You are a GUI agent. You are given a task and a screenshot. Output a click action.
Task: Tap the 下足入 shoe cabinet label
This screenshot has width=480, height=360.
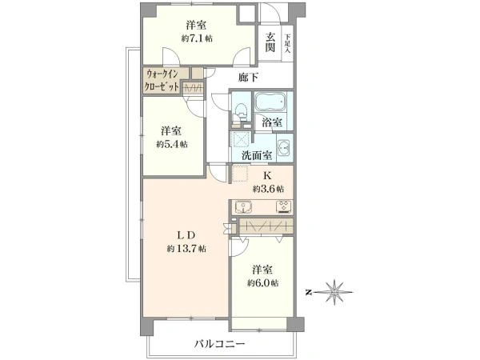[x=286, y=40]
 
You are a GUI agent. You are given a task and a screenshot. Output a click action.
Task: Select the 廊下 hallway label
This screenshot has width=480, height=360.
[x=250, y=78]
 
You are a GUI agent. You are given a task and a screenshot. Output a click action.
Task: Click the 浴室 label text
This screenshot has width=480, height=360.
[x=272, y=123]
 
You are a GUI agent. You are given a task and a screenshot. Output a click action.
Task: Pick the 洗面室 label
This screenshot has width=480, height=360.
[x=256, y=154]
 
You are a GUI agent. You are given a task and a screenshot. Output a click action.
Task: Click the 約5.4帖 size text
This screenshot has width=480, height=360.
[x=172, y=144]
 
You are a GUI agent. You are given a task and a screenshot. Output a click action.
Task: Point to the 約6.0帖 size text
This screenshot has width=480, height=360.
[x=262, y=283]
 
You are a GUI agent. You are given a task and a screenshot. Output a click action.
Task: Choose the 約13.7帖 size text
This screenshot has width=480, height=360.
[x=187, y=249]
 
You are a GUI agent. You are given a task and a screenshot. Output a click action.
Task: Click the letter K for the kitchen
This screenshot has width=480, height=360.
[x=267, y=175]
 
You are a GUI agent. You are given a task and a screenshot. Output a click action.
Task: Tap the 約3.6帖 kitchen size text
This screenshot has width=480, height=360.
[x=267, y=189]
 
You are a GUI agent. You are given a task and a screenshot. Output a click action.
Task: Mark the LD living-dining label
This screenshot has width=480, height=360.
[x=186, y=234]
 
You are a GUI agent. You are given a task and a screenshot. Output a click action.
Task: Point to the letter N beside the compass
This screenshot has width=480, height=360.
[x=309, y=292]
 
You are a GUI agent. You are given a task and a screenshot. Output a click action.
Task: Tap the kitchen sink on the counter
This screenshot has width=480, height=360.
[x=245, y=207]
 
